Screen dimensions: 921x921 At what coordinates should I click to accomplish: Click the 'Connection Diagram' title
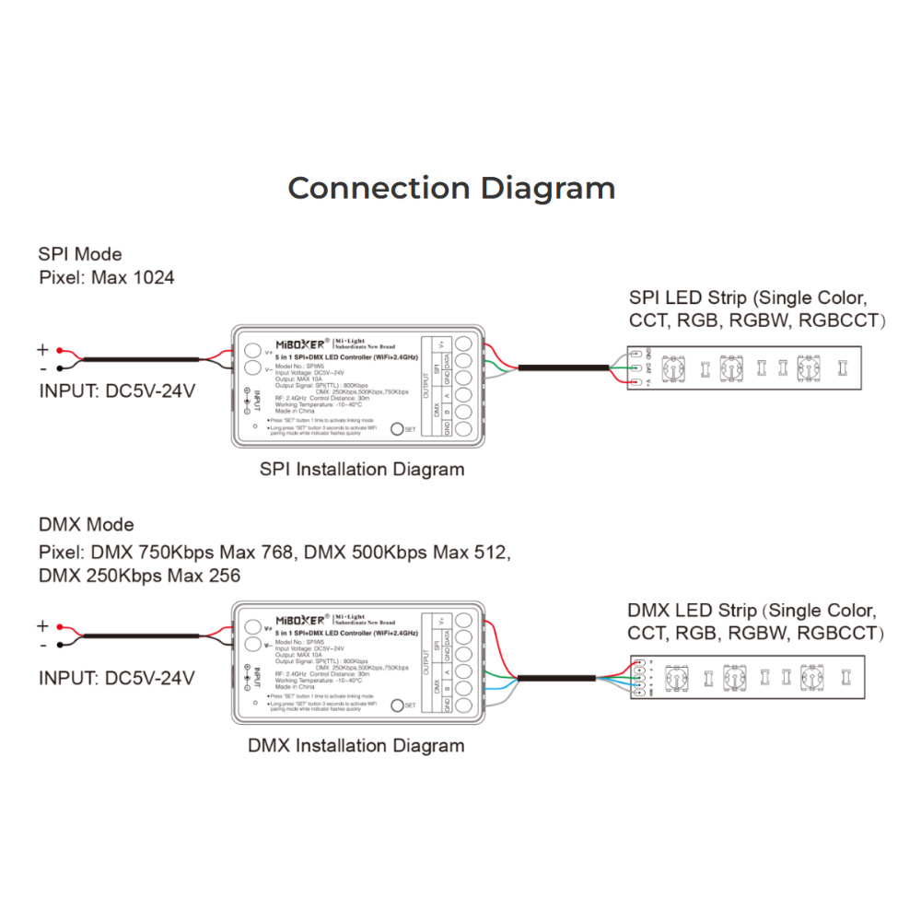click(x=451, y=188)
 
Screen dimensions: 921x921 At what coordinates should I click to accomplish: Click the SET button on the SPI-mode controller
click(x=398, y=428)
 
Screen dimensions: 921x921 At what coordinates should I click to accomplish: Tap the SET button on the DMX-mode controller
click(x=398, y=705)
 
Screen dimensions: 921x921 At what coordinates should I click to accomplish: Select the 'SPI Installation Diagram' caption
click(x=362, y=470)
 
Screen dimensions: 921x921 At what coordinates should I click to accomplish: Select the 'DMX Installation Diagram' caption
click(x=356, y=745)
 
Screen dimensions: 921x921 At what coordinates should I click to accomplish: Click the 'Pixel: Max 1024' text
click(x=106, y=277)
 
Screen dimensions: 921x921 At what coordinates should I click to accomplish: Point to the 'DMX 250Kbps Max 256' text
click(x=139, y=576)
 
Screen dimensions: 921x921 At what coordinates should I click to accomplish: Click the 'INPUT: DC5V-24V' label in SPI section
click(x=117, y=391)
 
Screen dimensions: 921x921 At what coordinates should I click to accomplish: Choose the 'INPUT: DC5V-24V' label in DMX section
click(x=117, y=678)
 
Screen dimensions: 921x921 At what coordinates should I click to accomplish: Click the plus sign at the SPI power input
click(x=41, y=350)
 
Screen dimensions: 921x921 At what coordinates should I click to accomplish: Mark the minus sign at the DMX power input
click(x=41, y=646)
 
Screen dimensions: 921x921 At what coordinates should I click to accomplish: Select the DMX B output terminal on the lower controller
click(x=465, y=688)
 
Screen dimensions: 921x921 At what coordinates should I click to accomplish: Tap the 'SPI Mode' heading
click(x=80, y=254)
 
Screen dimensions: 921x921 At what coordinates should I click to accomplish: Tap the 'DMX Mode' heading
click(x=86, y=525)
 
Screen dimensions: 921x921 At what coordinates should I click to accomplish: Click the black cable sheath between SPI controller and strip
click(x=562, y=368)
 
